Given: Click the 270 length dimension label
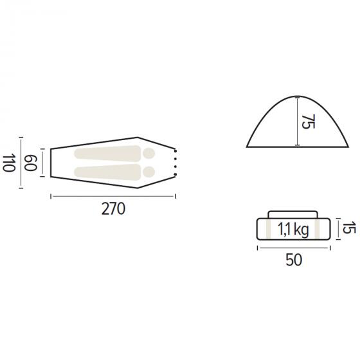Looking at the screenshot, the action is (113, 209).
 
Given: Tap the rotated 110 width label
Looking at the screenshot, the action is (9, 163).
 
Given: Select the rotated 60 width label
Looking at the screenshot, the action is (31, 163).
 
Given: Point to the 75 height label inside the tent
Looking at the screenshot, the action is (308, 122).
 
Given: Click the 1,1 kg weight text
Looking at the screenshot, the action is (293, 230).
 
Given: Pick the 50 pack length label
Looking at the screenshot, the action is (294, 260).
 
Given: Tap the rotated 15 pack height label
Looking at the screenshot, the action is (349, 228).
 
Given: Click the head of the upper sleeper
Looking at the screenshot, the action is (148, 154).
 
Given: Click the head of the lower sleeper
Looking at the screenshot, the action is (148, 172).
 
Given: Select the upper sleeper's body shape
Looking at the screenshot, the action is (107, 154).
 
